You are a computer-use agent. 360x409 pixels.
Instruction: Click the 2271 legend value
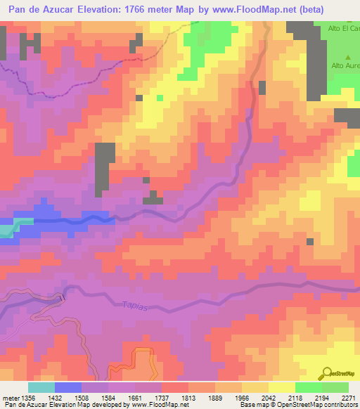click(x=349, y=396)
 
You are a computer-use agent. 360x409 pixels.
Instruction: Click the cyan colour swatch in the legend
click(x=41, y=387)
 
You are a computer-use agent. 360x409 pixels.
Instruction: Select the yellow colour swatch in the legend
click(x=282, y=387)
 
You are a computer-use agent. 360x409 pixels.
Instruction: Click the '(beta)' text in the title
click(x=335, y=11)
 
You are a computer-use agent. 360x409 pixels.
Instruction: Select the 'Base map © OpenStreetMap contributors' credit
click(x=297, y=405)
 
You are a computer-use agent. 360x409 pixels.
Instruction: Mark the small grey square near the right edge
click(x=309, y=242)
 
